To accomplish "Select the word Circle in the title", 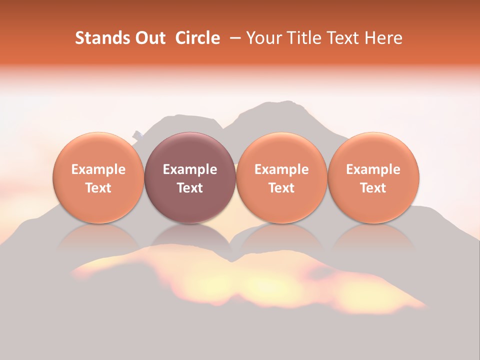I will (x=197, y=38).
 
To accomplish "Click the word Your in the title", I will (x=263, y=38).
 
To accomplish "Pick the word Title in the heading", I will (x=302, y=38).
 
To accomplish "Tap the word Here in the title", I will (x=384, y=38).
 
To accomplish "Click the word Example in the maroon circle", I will (x=190, y=169).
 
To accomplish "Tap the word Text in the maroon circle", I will (x=190, y=188).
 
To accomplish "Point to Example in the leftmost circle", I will (x=98, y=169).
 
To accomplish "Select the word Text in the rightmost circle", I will (x=373, y=188).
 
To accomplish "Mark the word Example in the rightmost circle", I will (x=373, y=169).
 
